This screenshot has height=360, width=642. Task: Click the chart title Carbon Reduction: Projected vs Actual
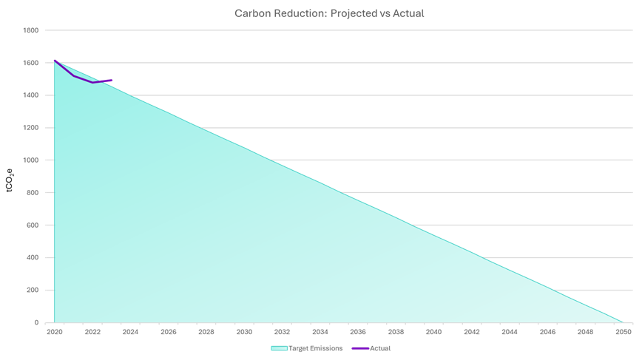coord(328,13)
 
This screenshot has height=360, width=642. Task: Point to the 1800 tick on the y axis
coord(31,30)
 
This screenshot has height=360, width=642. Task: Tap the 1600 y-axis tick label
coord(31,63)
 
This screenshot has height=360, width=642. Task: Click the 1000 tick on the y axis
coord(31,160)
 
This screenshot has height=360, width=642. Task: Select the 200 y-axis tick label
coord(33,290)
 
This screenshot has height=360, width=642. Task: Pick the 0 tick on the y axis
coord(36,322)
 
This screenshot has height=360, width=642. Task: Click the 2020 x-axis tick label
coord(55,333)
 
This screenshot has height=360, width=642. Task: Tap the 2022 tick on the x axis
coord(92,333)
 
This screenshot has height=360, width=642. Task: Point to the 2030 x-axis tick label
coord(244,333)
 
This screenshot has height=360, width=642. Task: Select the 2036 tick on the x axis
coord(358,333)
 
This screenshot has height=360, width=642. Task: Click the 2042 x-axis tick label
coord(471,333)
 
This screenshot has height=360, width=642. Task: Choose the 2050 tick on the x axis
coord(623,333)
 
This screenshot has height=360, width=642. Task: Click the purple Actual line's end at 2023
coord(112,81)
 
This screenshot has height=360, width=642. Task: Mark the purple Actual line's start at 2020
coord(55,61)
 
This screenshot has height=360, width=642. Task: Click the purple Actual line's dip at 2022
coord(92,83)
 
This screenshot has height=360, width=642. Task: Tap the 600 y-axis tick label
coord(33,225)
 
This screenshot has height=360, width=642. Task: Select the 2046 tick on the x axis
coord(547,333)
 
